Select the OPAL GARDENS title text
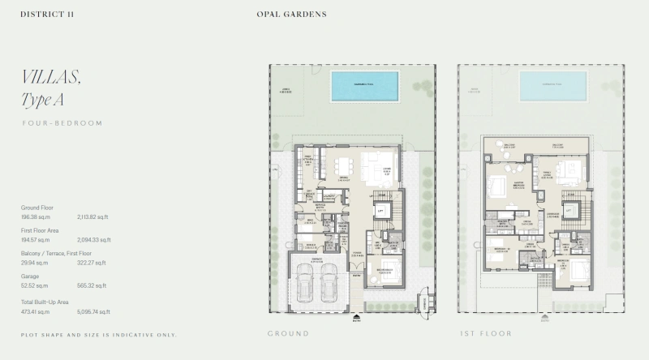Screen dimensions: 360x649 point(291,15)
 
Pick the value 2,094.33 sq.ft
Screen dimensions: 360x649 point(94,240)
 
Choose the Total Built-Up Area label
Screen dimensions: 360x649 point(45,300)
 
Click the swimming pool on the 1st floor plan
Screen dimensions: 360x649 point(552,84)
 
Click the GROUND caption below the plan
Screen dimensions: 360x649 point(288,333)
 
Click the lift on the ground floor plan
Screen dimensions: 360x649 point(378,212)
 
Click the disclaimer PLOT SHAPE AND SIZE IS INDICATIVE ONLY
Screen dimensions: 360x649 point(98,335)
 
